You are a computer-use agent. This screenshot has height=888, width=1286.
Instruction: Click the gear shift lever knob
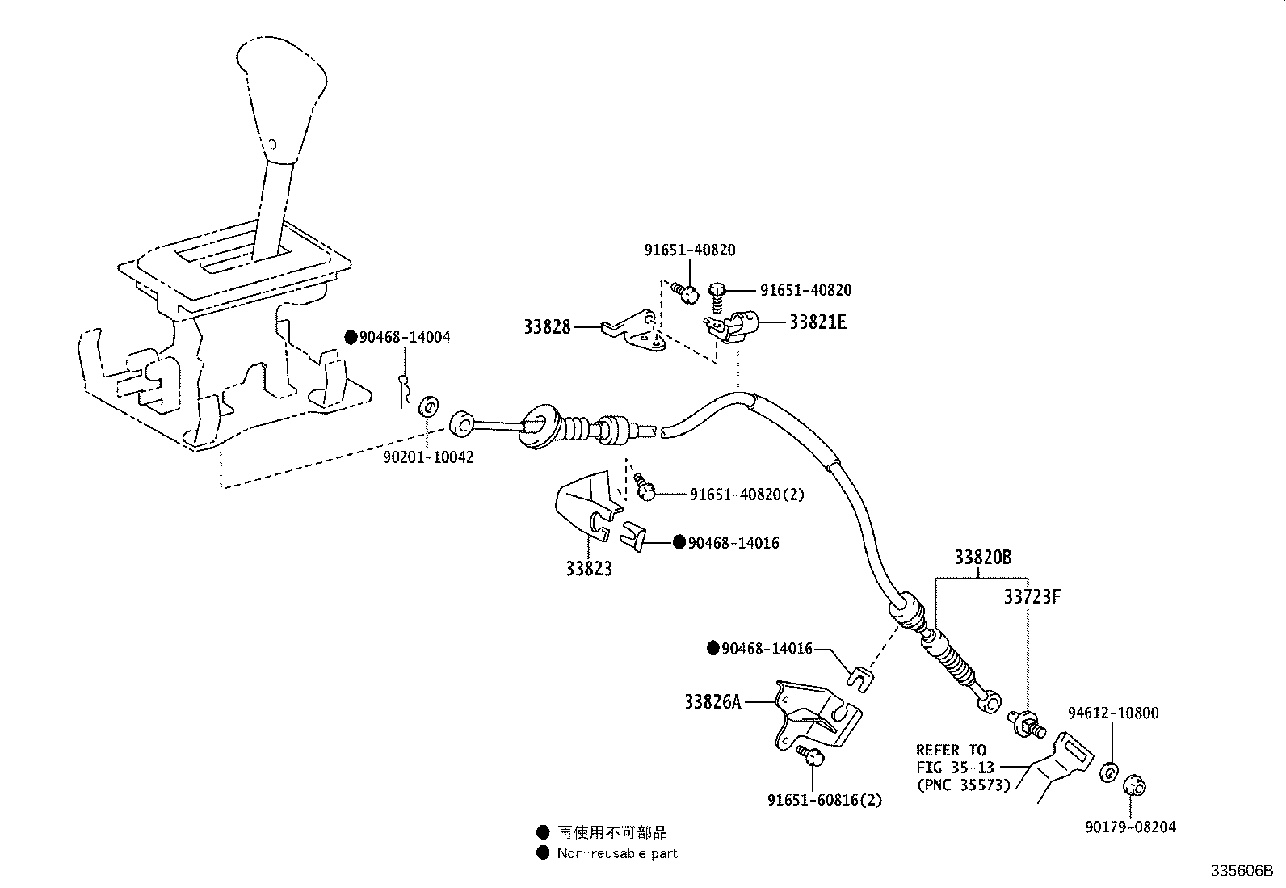click(283, 89)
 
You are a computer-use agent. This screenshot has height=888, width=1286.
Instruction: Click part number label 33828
click(547, 327)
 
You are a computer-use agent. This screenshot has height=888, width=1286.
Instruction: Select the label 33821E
click(817, 322)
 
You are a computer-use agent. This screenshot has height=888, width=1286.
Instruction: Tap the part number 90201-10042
click(428, 457)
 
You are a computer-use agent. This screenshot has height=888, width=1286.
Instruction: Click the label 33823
click(588, 569)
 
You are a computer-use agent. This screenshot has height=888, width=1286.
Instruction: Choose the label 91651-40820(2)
click(747, 494)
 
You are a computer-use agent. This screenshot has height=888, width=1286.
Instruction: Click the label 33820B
click(982, 558)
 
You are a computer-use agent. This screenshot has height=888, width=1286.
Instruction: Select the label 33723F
click(1032, 597)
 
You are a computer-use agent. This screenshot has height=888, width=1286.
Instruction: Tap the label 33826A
click(712, 702)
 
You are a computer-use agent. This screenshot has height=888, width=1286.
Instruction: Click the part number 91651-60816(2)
click(825, 800)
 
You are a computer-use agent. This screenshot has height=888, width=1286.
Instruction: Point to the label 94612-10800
click(1112, 713)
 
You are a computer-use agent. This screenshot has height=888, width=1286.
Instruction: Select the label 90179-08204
click(1130, 827)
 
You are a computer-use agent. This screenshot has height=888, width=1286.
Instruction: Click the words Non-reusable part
click(617, 853)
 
